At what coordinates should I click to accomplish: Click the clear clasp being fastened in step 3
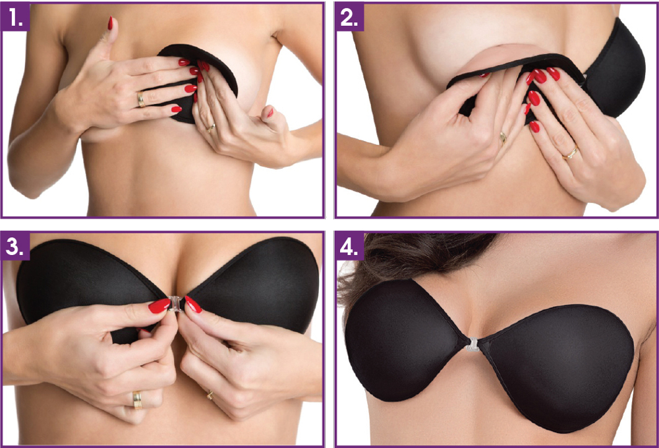pos(175,304)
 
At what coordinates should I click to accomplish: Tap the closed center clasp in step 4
pos(472,345)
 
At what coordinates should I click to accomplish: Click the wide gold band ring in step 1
pos(140,99)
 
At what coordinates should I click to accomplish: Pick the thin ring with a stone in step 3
pos(210,395)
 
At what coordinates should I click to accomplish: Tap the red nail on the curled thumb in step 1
pos(268,112)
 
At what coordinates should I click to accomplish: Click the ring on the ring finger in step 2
pos(503,137)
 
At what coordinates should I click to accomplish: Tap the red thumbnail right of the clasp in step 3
pos(193,304)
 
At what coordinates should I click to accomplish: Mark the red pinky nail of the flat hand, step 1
pos(176,109)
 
